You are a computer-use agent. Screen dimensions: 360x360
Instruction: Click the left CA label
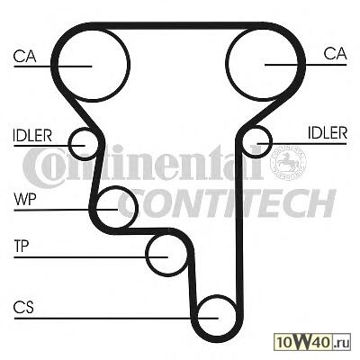point(25,57)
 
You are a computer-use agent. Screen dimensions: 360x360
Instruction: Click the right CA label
point(335,54)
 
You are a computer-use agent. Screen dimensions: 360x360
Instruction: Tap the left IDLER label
point(32,136)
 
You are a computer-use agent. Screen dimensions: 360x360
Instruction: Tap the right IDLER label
point(328,132)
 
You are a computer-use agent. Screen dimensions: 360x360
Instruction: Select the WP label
point(25,199)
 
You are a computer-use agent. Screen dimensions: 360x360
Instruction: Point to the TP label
point(22,246)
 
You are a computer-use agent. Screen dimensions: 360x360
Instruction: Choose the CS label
point(23,307)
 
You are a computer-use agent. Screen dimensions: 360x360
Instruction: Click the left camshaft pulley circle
point(93,99)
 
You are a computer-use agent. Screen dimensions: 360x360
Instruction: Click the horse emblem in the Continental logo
point(288,163)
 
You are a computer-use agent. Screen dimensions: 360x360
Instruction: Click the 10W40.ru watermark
point(313,342)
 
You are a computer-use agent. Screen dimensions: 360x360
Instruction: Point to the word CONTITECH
point(227,203)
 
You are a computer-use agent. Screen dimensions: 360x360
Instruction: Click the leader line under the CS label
point(116,318)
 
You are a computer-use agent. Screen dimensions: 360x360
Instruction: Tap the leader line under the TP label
point(91,257)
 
